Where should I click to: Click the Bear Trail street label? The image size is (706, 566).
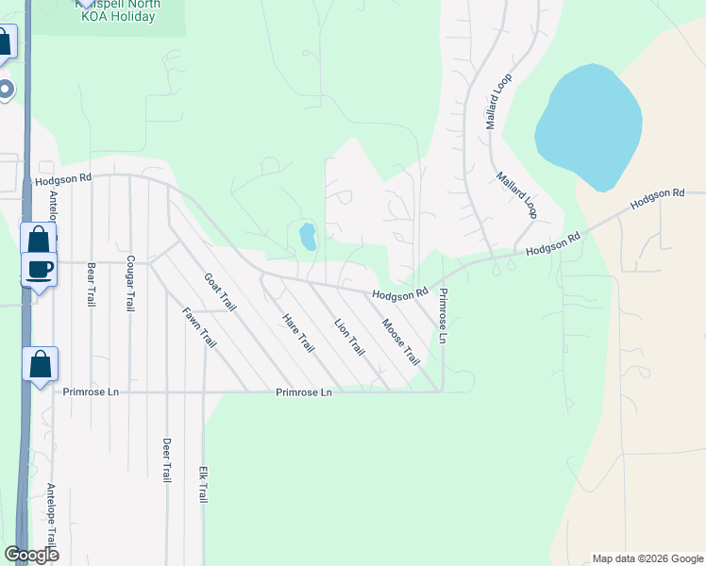point(92,284)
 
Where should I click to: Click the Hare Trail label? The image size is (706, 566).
point(297,333)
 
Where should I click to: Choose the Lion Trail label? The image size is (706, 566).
point(349,337)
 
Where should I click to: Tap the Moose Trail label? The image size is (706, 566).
point(400,342)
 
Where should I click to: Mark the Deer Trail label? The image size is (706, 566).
point(166,459)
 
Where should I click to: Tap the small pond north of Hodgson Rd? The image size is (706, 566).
point(308,236)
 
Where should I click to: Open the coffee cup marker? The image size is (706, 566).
point(39,270)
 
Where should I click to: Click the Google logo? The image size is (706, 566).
point(31,555)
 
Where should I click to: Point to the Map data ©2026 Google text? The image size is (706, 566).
point(647,558)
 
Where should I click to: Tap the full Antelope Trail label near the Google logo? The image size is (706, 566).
point(52,517)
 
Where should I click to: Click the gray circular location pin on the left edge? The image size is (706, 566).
point(6,90)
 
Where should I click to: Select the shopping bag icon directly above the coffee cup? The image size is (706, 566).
point(39,239)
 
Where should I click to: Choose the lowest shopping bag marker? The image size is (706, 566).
point(41,364)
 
